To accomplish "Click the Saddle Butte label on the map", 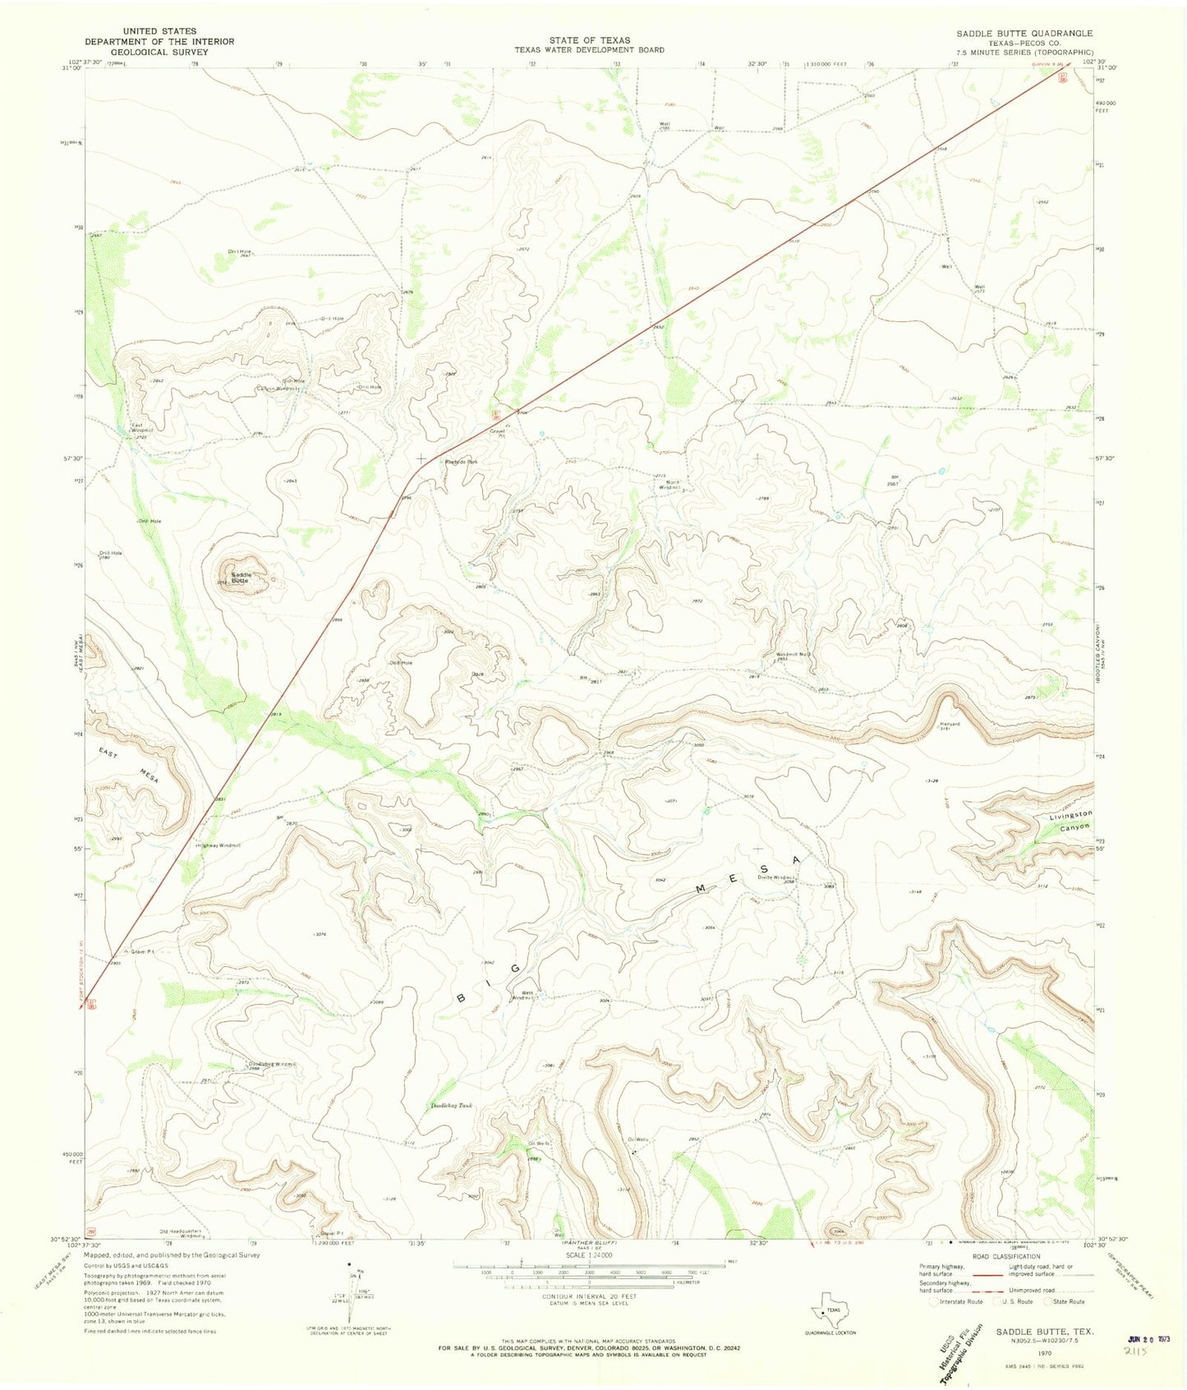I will (240, 578).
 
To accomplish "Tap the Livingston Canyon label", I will (1071, 821).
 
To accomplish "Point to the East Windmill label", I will (142, 428).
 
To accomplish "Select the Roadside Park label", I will (461, 463).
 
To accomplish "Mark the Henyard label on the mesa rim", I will (949, 724).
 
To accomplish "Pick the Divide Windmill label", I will (775, 877).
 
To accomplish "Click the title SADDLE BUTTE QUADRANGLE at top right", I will (1024, 33).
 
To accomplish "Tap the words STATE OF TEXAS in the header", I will (589, 40).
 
